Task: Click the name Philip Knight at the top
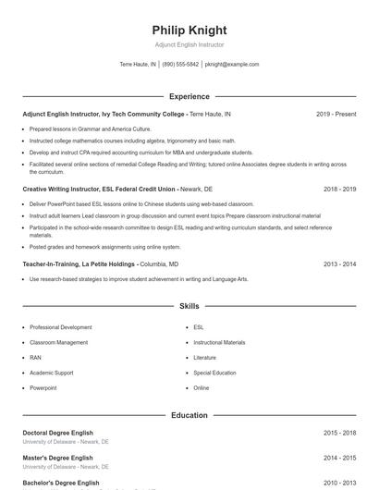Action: (189, 31)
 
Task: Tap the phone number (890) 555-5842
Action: (181, 65)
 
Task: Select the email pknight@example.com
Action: (232, 65)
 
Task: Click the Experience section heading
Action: (189, 96)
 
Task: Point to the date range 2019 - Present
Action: (336, 114)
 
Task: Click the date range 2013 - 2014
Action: (339, 263)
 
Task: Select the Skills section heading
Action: (189, 305)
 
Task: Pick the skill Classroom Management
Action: (58, 342)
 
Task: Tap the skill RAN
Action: (35, 357)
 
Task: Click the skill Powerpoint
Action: (43, 387)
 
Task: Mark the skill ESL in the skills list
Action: (199, 327)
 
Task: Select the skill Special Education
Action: (215, 373)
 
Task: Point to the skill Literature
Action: (204, 357)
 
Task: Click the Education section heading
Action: (189, 415)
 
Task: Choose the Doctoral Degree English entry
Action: (59, 433)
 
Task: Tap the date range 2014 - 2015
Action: (339, 458)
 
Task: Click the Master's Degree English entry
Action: (57, 458)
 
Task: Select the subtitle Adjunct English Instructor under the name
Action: (189, 44)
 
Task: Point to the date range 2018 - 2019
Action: (339, 189)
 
